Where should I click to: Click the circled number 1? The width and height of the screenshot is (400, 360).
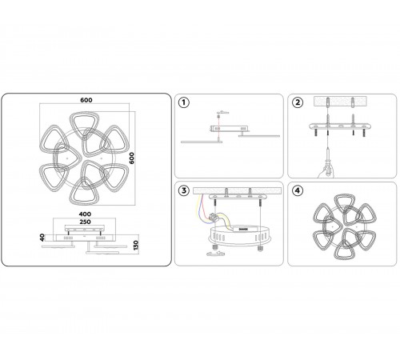[184, 102]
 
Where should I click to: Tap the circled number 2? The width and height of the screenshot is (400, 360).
[298, 102]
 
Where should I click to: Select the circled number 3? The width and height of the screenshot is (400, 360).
[184, 190]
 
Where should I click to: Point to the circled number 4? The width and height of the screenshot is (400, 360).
[298, 190]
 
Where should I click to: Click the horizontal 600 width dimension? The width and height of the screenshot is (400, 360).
[86, 100]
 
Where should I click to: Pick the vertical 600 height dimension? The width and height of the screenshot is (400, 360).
[132, 158]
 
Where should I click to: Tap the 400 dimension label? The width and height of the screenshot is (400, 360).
[85, 214]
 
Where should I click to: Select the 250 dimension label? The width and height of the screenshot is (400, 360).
[85, 222]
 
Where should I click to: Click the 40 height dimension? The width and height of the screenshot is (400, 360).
[42, 238]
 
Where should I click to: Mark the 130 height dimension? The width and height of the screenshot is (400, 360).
[136, 245]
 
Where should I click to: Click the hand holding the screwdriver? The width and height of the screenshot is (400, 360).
[326, 171]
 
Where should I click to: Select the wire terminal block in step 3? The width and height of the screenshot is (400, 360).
[214, 218]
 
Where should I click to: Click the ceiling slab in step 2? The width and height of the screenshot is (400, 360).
[340, 101]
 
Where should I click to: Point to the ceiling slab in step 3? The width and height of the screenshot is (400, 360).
[237, 191]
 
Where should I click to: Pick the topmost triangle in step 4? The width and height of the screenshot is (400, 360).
[345, 203]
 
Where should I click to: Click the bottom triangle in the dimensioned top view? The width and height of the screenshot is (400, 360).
[84, 191]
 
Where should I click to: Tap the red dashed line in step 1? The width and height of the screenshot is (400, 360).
[218, 126]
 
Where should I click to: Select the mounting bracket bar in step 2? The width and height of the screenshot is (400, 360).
[340, 126]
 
